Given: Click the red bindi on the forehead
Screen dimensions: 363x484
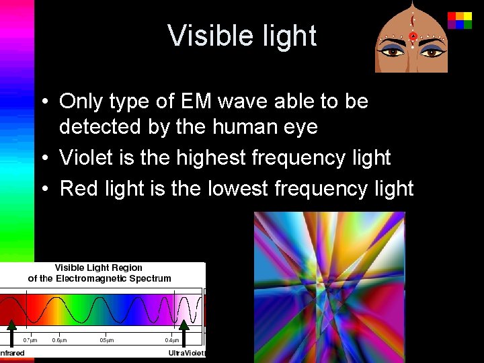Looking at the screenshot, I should [x=413, y=36].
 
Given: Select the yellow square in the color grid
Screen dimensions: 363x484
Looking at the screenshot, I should [x=460, y=16].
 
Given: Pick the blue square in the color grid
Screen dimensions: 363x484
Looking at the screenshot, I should [x=460, y=24].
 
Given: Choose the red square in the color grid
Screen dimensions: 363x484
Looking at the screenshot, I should [x=452, y=16].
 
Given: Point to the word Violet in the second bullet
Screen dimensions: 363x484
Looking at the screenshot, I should [x=83, y=157].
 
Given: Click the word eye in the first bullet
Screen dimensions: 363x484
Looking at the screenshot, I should [x=299, y=126].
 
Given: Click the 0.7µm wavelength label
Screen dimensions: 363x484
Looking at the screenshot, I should [x=31, y=339].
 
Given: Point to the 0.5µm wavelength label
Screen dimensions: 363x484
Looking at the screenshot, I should [x=107, y=339].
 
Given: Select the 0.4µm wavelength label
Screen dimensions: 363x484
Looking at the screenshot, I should [x=173, y=339].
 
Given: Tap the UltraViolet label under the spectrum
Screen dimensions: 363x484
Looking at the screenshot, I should [x=186, y=354].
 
